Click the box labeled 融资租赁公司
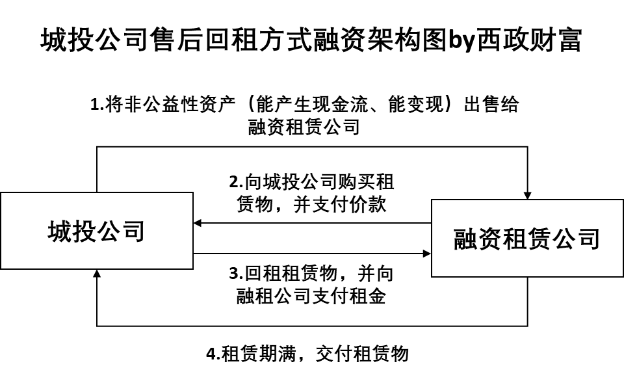pos(527,239)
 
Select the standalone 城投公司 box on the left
pos(96,231)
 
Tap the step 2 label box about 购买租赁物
pos(311,193)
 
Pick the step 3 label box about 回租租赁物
pos(311,285)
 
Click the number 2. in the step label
pos(237,182)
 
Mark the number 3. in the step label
pos(237,274)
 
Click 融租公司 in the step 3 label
pos(272,296)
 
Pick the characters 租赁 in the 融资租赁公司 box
pos(527,239)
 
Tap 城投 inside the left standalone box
pos(72,231)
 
